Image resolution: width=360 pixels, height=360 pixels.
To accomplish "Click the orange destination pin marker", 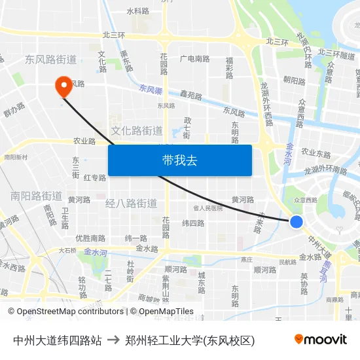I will (65, 86).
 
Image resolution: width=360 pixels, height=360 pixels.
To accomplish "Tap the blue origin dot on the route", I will (297, 222).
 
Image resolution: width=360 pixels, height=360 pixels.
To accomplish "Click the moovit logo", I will (321, 339).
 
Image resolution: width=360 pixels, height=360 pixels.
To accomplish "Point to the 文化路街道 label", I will (136, 131).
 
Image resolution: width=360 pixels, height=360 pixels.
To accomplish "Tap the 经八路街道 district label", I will (131, 204).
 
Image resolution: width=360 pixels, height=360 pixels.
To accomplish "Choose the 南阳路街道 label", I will (36, 196).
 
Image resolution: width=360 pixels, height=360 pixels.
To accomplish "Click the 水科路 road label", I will (138, 11).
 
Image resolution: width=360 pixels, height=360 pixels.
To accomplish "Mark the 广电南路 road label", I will (194, 59).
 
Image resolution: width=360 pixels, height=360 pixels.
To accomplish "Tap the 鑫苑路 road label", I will (191, 96).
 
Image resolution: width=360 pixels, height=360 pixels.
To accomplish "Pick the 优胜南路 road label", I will (90, 238).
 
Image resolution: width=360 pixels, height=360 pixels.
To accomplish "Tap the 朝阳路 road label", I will (294, 81).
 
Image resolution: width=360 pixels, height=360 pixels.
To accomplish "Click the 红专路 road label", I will (95, 178).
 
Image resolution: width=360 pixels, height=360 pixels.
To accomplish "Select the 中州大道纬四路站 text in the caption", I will (57, 340).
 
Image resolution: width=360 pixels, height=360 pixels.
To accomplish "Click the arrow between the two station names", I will (113, 340).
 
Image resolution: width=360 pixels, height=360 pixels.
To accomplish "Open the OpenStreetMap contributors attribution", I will (65, 312).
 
